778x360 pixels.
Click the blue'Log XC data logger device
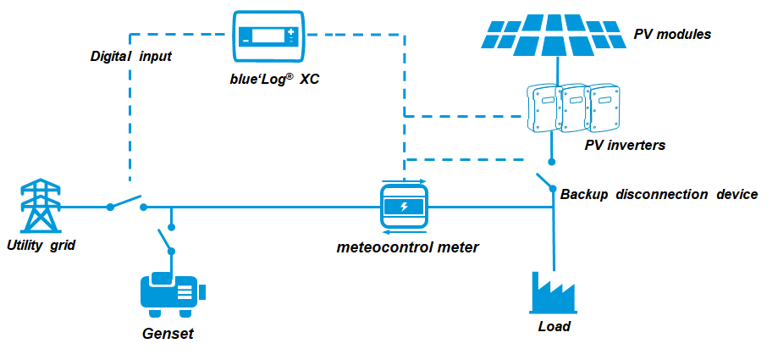pyautogui.click(x=268, y=37)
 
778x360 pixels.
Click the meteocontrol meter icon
pyautogui.click(x=405, y=207)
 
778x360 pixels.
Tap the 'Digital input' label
pyautogui.click(x=131, y=56)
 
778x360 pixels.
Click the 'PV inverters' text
pyautogui.click(x=625, y=145)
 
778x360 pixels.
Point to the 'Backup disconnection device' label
pyautogui.click(x=659, y=194)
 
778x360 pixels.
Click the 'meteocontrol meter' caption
pyautogui.click(x=407, y=248)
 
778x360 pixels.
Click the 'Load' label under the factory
pyautogui.click(x=555, y=326)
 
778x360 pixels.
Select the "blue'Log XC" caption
pyautogui.click(x=268, y=79)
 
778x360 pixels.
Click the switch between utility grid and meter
pyautogui.click(x=127, y=203)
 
